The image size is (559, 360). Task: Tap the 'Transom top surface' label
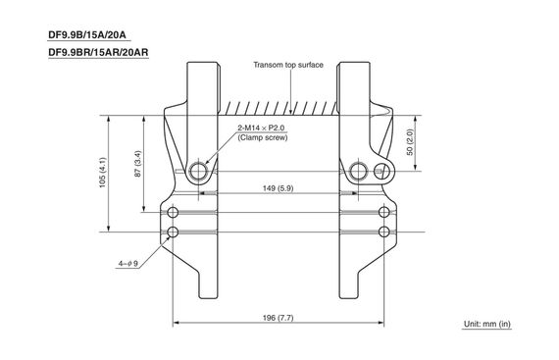(288, 65)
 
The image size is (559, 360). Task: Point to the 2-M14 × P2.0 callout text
(262, 129)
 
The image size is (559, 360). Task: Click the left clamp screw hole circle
(200, 172)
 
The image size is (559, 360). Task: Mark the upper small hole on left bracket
(174, 214)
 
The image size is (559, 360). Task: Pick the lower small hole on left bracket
(174, 232)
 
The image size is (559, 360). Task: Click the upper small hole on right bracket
(383, 214)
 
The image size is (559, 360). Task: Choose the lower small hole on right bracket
(383, 232)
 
